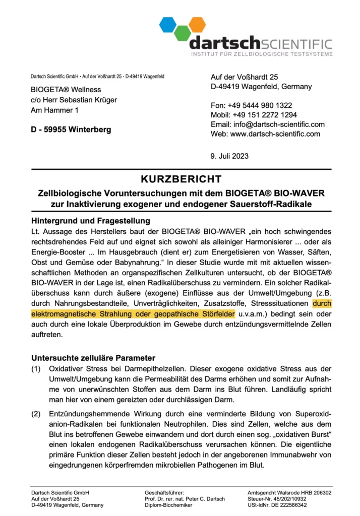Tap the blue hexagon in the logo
click(168, 24)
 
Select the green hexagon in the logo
click(183, 34)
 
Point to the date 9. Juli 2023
click(229, 156)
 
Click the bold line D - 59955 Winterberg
click(71, 130)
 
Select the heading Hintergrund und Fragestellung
click(91, 221)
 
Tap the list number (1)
click(37, 369)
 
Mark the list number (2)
click(37, 414)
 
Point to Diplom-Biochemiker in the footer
click(168, 505)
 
